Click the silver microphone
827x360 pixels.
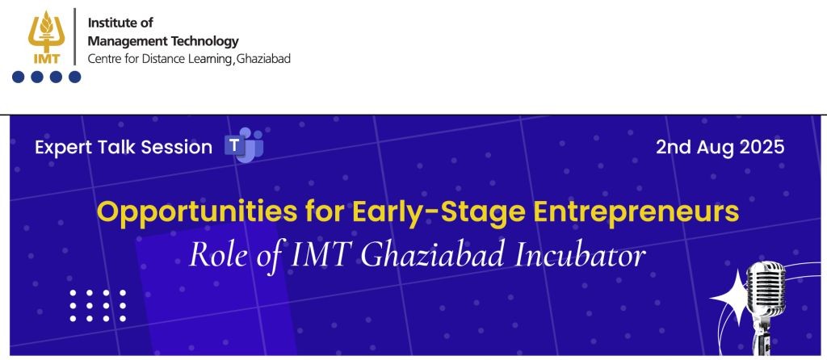coord(764,299)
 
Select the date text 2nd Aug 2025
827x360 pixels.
coord(720,147)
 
